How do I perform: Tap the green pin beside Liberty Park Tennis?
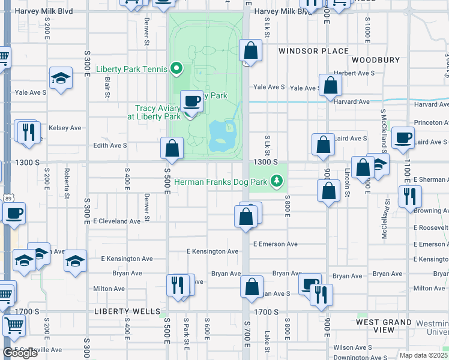click(x=176, y=69)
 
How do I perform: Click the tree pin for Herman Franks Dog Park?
click(x=276, y=181)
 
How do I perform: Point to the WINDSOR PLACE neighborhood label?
click(x=313, y=51)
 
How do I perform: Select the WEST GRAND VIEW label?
click(x=384, y=326)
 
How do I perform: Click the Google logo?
click(x=20, y=353)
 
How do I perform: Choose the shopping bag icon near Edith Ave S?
click(x=172, y=148)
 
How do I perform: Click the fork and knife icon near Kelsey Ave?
click(x=28, y=131)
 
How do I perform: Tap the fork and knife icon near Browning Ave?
click(x=410, y=196)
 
